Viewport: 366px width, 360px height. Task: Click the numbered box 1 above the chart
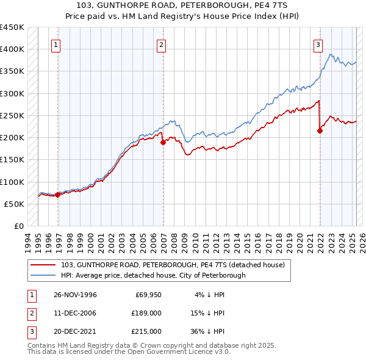pyautogui.click(x=56, y=44)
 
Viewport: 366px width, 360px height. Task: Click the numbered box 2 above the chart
pyautogui.click(x=161, y=44)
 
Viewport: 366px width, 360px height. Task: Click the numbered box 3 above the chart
pyautogui.click(x=318, y=44)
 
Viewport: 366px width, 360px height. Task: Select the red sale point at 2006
pyautogui.click(x=163, y=143)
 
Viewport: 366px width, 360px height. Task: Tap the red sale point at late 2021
pyautogui.click(x=320, y=131)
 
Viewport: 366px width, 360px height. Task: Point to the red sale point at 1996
pyautogui.click(x=57, y=195)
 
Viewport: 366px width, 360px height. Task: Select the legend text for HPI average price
pyautogui.click(x=152, y=275)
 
